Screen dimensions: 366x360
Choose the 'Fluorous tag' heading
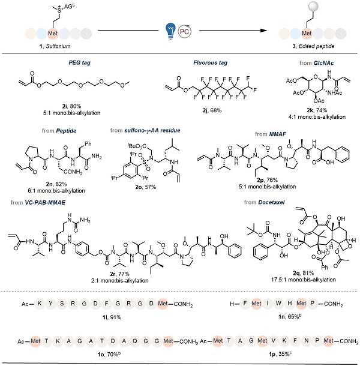point(184,64)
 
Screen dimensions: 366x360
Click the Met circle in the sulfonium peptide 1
point(52,32)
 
